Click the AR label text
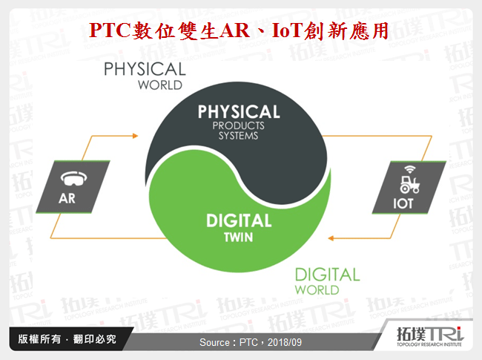[68, 199]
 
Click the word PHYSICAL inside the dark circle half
[238, 112]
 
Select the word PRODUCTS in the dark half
[238, 126]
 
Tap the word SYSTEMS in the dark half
[238, 136]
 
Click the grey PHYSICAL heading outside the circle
[144, 69]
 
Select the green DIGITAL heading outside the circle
[327, 275]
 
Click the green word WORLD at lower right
[317, 289]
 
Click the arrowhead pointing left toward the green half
[332, 238]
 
